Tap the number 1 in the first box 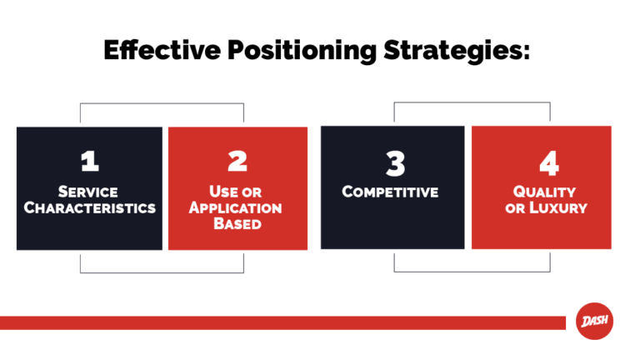89,162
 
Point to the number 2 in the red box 237,162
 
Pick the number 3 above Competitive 394,162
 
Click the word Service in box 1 89,192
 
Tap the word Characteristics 89,207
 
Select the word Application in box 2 235,207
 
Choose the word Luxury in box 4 557,207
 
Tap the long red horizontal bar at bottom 283,322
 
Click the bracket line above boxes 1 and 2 162,104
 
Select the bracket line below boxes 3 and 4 472,271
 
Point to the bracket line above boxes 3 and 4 472,103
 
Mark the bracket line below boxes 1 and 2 162,272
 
